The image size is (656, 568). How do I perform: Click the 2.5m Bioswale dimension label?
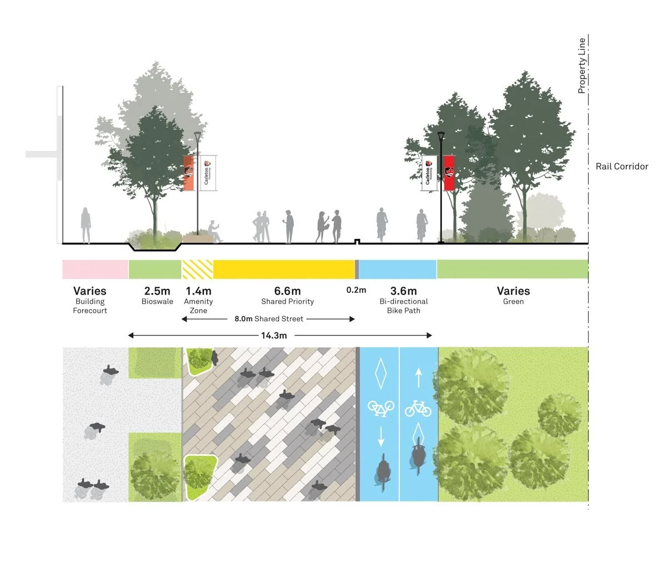click(157, 291)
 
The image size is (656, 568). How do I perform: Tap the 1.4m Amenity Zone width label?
click(198, 291)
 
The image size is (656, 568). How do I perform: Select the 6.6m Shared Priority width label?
click(287, 291)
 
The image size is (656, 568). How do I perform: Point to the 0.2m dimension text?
click(356, 290)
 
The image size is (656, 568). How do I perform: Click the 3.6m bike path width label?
click(403, 291)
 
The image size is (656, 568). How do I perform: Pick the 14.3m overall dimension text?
click(274, 335)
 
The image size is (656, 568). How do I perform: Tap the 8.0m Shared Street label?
click(269, 319)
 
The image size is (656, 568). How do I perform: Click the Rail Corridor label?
click(622, 166)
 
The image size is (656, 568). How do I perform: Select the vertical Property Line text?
click(582, 65)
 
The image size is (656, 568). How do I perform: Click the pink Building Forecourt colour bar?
click(95, 269)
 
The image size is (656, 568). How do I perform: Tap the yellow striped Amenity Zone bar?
click(197, 269)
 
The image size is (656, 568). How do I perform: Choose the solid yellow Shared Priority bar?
click(284, 269)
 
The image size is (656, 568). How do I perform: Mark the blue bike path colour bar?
click(397, 269)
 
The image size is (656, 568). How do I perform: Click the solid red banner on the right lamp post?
click(449, 173)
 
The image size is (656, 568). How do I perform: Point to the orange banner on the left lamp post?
click(189, 173)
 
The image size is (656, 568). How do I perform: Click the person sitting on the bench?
click(213, 231)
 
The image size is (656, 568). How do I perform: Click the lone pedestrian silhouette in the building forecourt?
click(86, 226)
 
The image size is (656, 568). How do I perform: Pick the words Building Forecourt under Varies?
click(90, 306)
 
